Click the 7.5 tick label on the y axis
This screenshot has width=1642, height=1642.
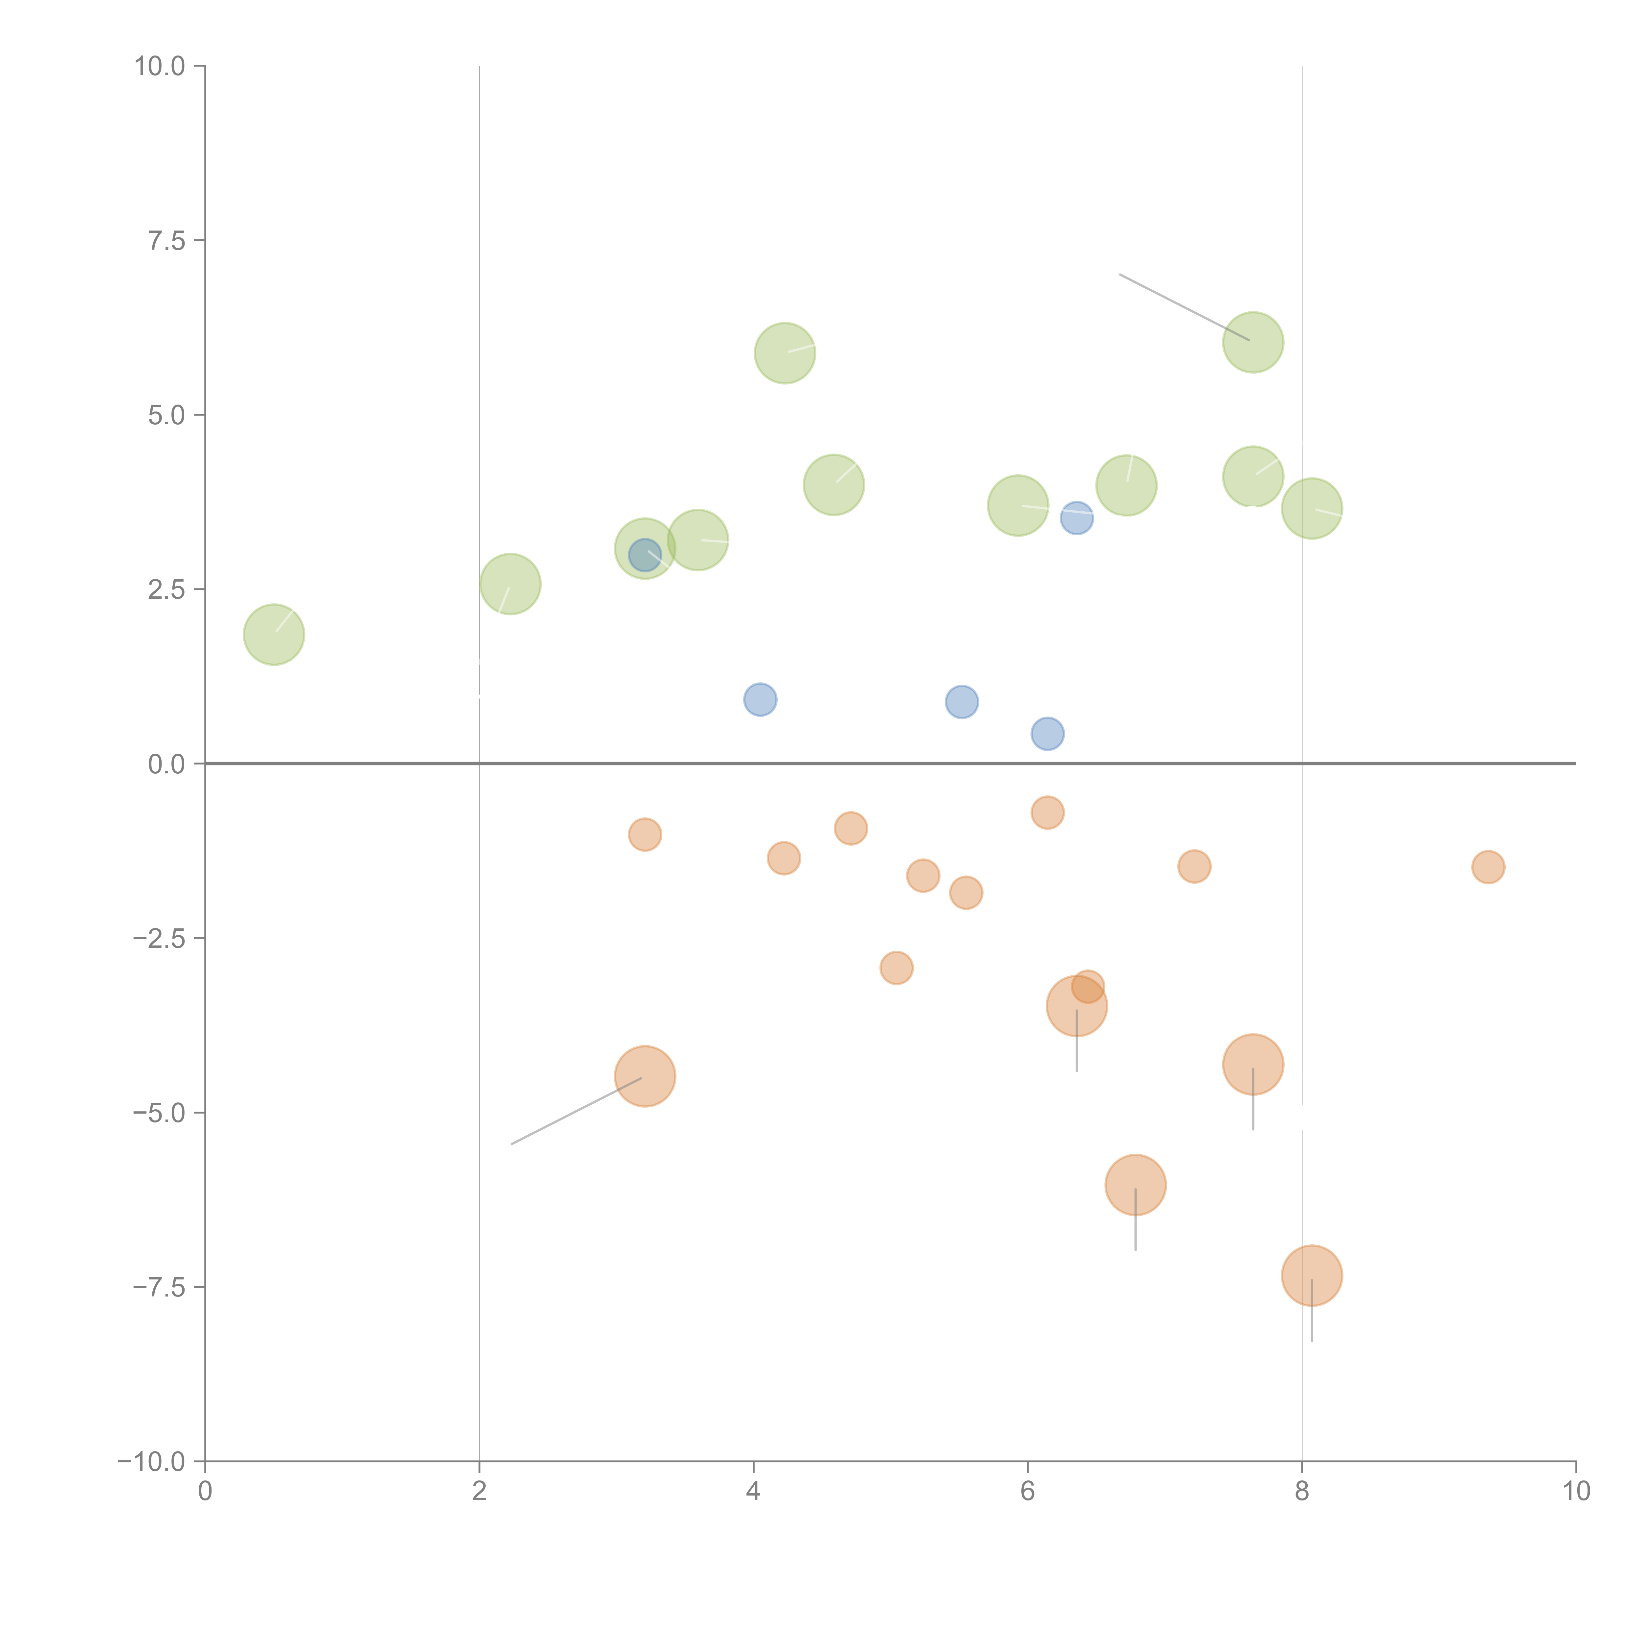(166, 240)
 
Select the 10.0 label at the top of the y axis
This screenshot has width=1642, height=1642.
(160, 66)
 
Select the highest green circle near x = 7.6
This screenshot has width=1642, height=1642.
(1253, 343)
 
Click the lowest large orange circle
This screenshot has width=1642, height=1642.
(1311, 1276)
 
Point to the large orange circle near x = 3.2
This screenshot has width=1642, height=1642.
(645, 1076)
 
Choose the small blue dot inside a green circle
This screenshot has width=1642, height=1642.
(645, 555)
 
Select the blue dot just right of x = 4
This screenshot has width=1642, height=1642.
(760, 699)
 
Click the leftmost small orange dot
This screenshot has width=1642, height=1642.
(645, 834)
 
